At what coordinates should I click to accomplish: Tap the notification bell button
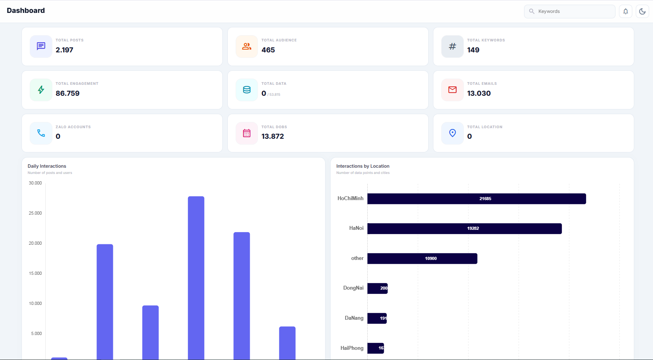(626, 11)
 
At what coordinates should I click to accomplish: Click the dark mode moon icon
(642, 11)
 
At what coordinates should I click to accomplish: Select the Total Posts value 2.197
(64, 50)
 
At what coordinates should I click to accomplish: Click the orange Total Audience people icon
(247, 47)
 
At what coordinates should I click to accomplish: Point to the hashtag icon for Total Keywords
(452, 47)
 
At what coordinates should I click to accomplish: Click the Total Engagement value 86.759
(68, 93)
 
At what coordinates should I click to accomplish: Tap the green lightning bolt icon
(41, 90)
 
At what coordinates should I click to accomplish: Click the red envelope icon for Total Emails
(452, 90)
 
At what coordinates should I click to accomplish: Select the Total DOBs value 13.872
(273, 136)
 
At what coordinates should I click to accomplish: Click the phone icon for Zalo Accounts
(41, 133)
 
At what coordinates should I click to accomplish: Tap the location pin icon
(452, 133)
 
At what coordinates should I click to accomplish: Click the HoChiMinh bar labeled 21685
(476, 199)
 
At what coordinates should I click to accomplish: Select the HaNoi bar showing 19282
(464, 229)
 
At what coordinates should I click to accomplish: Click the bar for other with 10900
(422, 258)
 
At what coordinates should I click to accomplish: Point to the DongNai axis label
(353, 288)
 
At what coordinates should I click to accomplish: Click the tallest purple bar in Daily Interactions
(196, 274)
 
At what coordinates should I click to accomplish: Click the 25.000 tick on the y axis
(35, 213)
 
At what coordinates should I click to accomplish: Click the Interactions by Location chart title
(363, 166)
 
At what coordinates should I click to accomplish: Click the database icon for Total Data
(247, 90)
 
